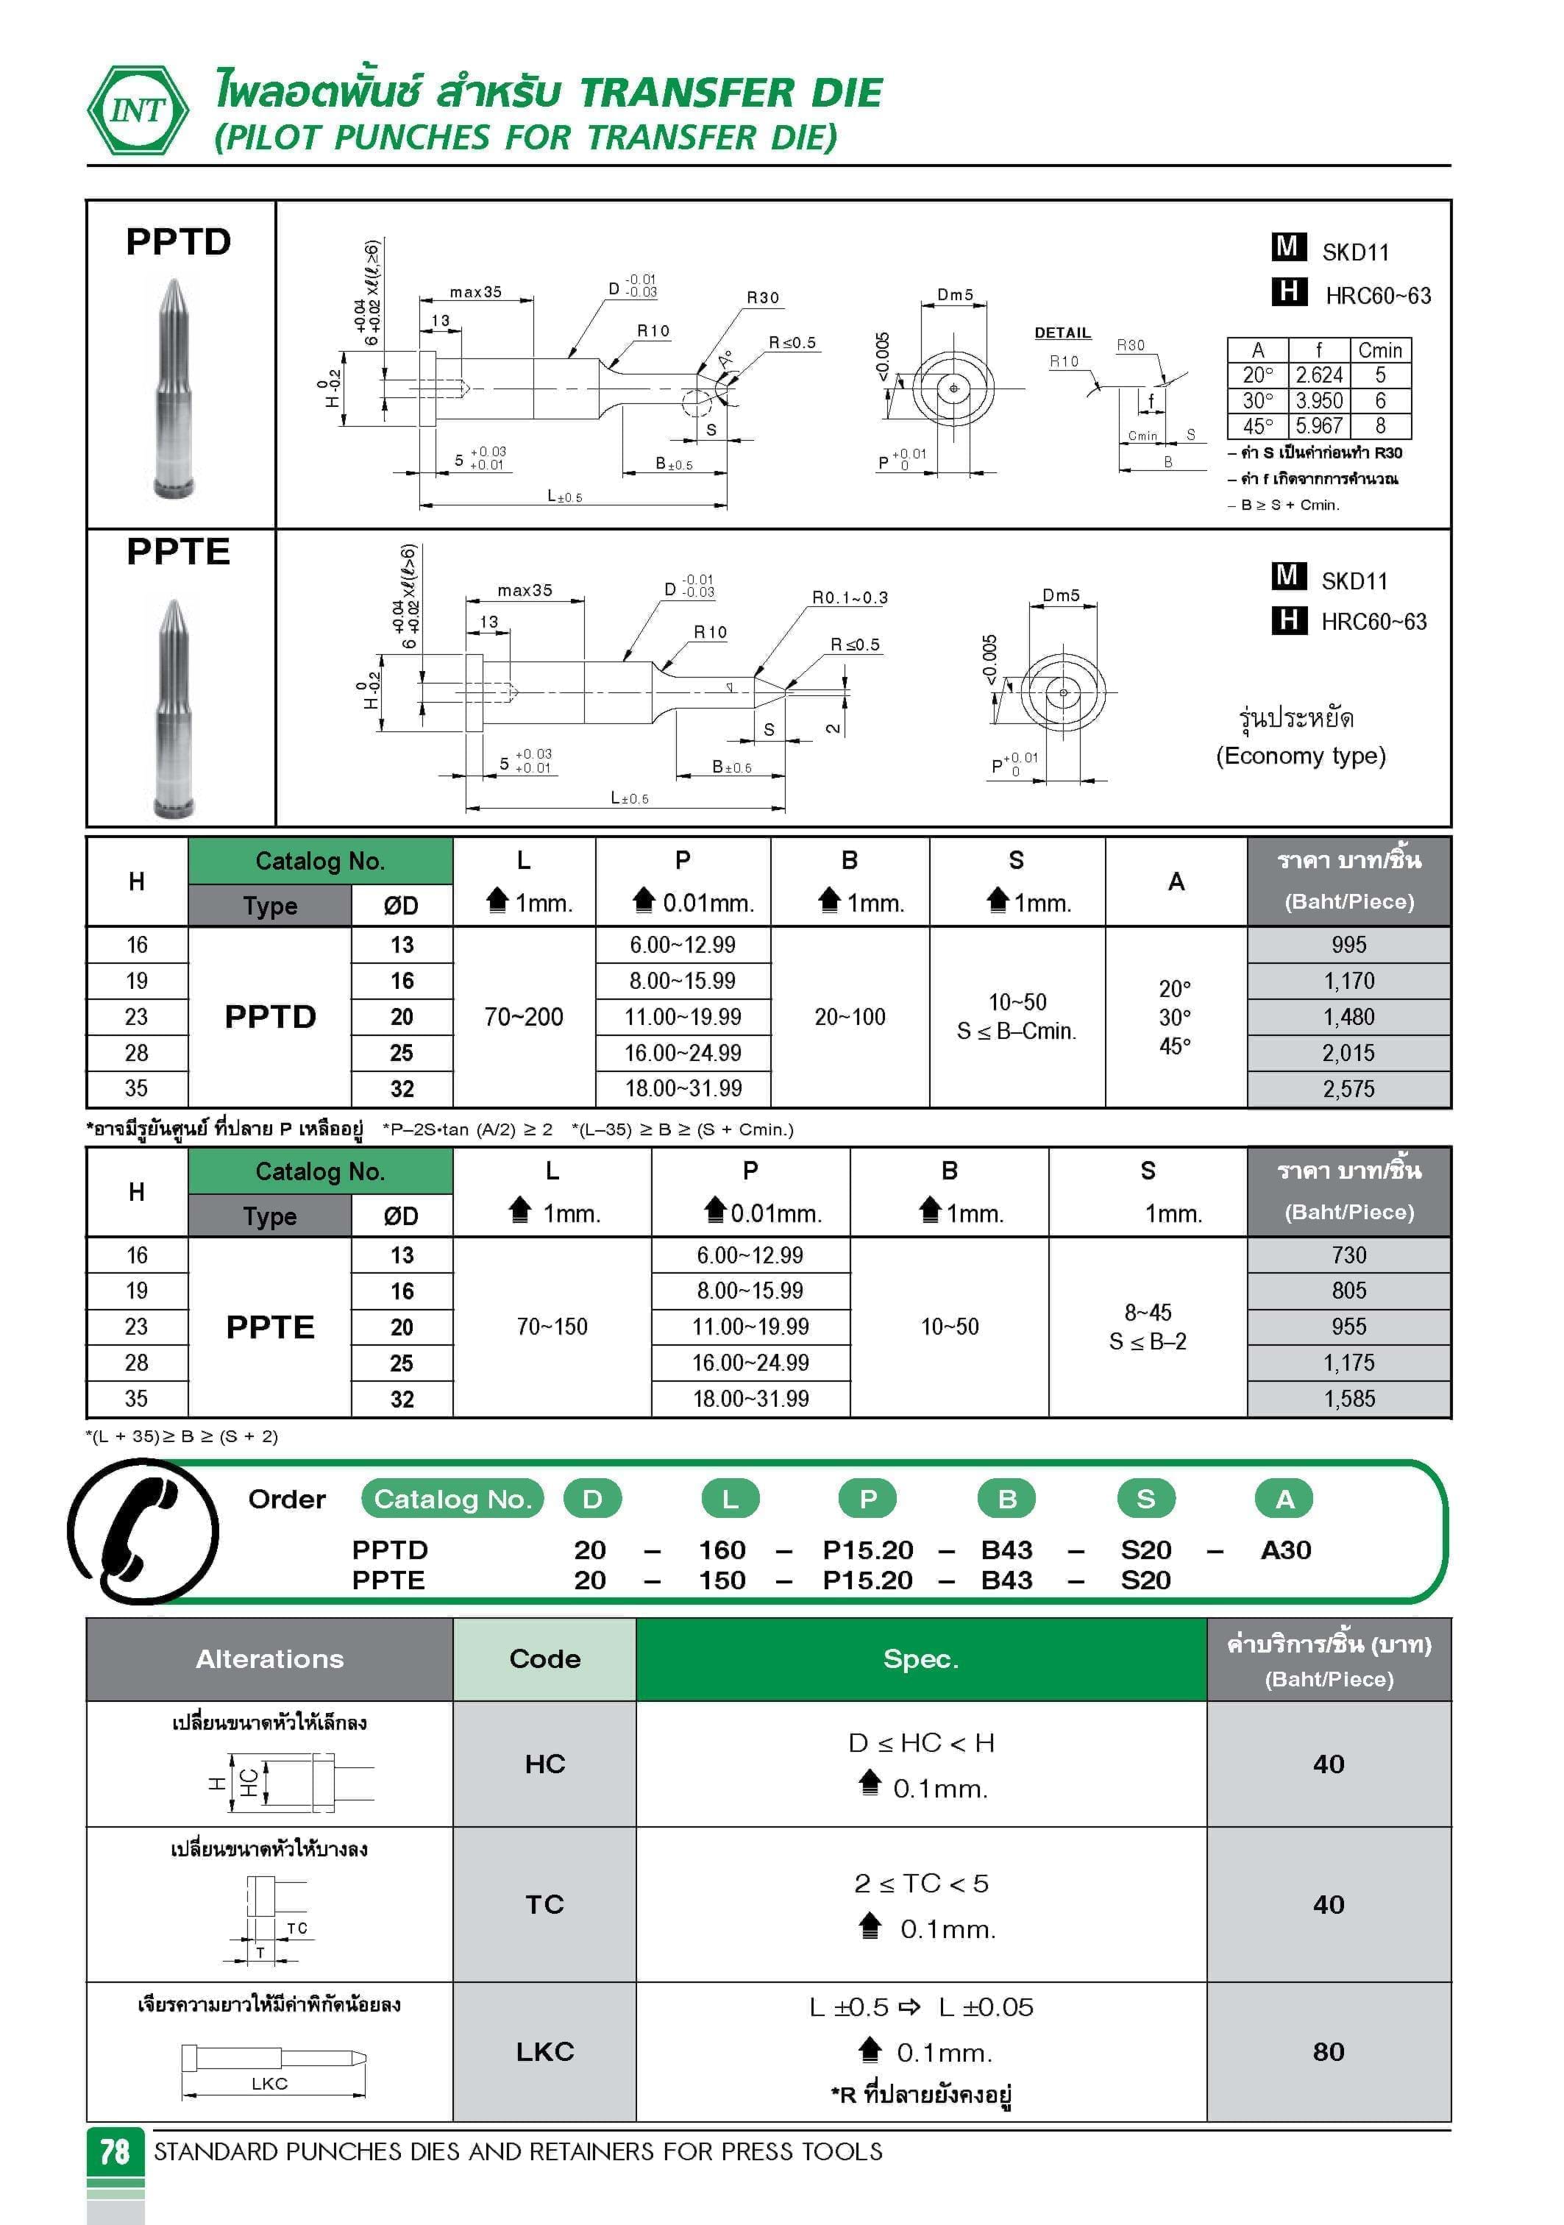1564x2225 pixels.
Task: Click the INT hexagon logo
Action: click(x=138, y=110)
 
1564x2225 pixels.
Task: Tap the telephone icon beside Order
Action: click(x=143, y=1530)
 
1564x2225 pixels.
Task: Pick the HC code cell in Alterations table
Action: click(x=544, y=1764)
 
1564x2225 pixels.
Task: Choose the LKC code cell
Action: click(x=544, y=2051)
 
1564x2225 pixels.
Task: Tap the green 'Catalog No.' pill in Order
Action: click(x=452, y=1500)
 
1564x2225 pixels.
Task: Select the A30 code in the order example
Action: click(x=1285, y=1550)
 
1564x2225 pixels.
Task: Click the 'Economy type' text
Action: click(x=1301, y=756)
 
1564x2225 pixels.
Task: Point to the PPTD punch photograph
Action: click(x=174, y=388)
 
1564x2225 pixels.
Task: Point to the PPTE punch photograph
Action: click(x=174, y=707)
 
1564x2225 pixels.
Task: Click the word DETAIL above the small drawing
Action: click(x=1062, y=333)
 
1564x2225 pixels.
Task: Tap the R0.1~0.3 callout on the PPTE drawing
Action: click(x=849, y=598)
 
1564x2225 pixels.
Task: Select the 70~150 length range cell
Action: click(x=552, y=1327)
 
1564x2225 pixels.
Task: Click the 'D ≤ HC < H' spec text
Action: click(x=920, y=1742)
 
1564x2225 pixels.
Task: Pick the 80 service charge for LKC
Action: click(x=1328, y=2051)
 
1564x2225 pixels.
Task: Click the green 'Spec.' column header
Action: click(x=920, y=1659)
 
